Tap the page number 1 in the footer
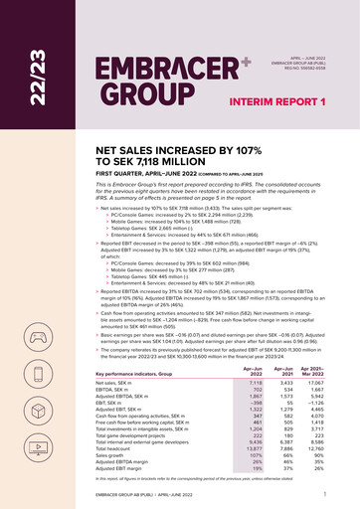[x=325, y=492]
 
